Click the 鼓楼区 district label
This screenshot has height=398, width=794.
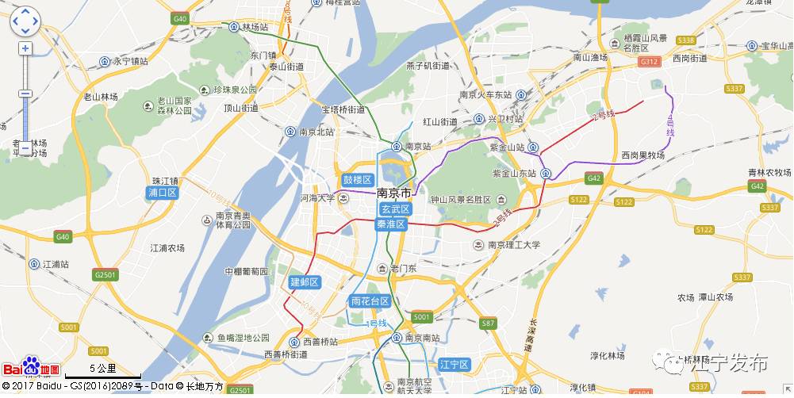[x=357, y=180]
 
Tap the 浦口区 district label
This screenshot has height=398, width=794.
[x=163, y=193]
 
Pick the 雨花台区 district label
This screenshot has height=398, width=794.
[x=370, y=301]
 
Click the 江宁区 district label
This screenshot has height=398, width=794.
[x=455, y=364]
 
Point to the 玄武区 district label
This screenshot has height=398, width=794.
[x=394, y=209]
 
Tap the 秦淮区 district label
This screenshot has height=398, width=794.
[x=391, y=224]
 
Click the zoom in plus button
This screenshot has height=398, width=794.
[x=25, y=48]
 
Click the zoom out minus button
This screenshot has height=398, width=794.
[x=25, y=147]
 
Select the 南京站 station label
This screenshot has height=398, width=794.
[x=417, y=147]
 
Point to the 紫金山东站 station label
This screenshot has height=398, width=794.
[x=516, y=173]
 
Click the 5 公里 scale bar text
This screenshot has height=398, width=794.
[x=103, y=368]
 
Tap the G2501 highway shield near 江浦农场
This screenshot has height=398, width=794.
[x=105, y=275]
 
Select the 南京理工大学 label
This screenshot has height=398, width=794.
[x=512, y=245]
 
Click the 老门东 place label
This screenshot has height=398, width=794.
[x=409, y=269]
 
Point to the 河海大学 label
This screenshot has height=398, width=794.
[x=317, y=197]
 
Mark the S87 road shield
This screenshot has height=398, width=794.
[x=488, y=323]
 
